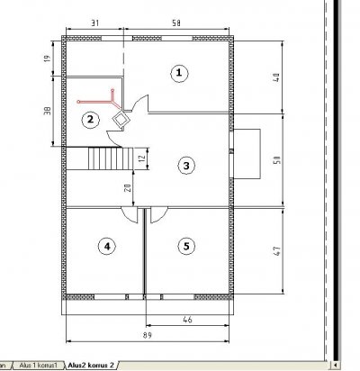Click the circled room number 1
(179, 73)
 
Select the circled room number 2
(90, 120)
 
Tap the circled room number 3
(186, 166)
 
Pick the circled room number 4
(107, 247)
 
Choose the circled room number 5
(186, 247)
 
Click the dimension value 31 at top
(94, 23)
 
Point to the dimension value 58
(176, 23)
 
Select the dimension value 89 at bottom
(148, 335)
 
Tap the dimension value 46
(187, 320)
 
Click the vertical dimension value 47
(277, 250)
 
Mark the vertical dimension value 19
(48, 59)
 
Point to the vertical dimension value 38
(48, 111)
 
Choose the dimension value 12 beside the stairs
(143, 157)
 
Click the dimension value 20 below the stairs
(128, 188)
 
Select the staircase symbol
(111, 158)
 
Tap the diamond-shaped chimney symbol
(121, 119)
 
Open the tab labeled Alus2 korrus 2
(91, 366)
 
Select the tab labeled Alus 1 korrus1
(38, 366)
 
